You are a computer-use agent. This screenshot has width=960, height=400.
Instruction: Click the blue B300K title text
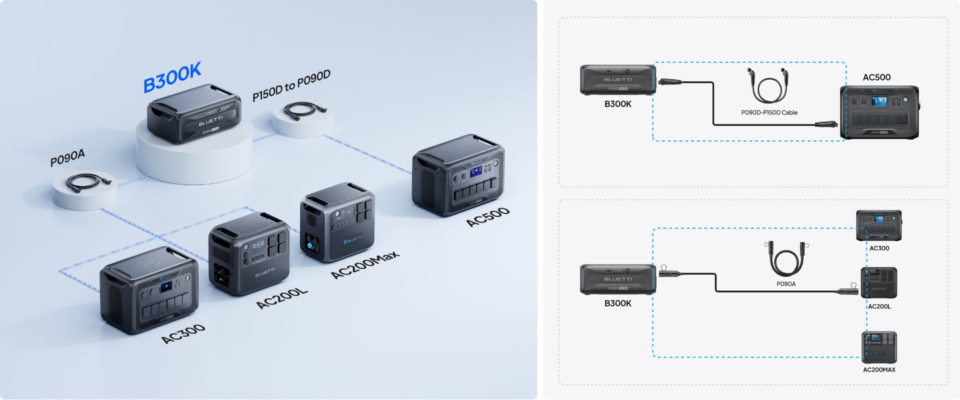tap(172, 77)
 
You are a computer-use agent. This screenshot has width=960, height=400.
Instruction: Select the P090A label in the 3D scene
tap(67, 158)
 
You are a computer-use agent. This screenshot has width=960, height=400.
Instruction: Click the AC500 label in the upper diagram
tap(876, 77)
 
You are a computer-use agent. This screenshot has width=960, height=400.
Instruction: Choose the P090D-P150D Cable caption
tap(769, 112)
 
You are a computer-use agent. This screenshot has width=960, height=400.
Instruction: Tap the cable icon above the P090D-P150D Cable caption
tap(769, 86)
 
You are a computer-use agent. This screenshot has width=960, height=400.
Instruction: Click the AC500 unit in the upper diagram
tap(879, 112)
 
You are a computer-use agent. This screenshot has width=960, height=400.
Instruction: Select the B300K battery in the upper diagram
tap(617, 79)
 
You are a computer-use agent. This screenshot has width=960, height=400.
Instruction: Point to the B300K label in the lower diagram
tap(617, 303)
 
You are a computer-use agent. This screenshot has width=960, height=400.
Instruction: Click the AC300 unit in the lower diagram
tap(878, 225)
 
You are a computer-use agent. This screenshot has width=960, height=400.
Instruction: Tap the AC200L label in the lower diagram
tap(879, 306)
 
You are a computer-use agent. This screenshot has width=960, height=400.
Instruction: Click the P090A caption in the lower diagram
tap(786, 284)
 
